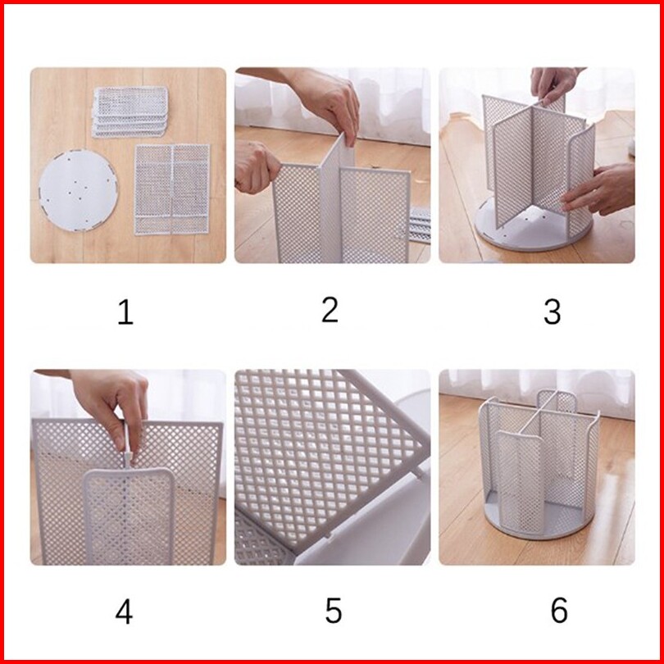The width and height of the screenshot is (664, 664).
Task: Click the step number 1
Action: click(x=125, y=312)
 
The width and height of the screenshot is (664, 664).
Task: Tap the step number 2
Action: click(x=330, y=310)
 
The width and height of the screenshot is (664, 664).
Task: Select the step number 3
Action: click(x=553, y=312)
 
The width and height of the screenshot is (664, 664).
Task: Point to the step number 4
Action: click(x=124, y=612)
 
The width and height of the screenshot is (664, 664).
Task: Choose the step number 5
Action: click(x=334, y=610)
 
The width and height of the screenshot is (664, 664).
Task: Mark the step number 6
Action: click(x=559, y=610)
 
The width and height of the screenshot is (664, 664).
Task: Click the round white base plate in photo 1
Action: click(x=79, y=190)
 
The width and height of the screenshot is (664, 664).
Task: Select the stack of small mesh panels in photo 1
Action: click(x=130, y=111)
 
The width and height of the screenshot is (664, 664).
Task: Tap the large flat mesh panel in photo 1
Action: click(x=172, y=189)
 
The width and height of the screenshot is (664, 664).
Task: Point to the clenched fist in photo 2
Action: click(x=257, y=167)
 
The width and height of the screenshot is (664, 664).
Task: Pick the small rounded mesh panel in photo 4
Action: click(x=130, y=516)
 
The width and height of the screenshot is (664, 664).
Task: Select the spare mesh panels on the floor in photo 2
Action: click(x=420, y=225)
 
